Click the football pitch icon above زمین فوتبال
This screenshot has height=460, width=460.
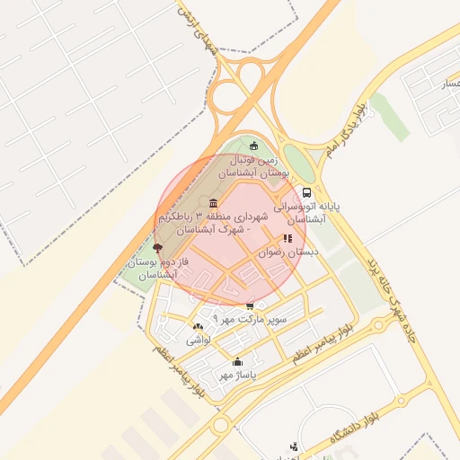click(x=253, y=146)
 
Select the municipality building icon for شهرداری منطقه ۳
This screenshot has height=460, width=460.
click(x=213, y=203)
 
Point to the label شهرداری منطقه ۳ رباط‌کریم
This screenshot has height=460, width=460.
click(x=212, y=223)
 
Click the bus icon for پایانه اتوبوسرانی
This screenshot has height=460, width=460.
click(x=307, y=192)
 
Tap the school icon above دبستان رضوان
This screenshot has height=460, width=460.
click(x=287, y=239)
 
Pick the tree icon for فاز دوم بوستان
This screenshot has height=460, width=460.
click(x=158, y=246)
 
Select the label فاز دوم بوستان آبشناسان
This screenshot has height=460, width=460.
click(x=152, y=267)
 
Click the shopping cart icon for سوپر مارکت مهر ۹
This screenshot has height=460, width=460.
click(x=250, y=306)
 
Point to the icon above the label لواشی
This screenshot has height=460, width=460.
click(x=198, y=326)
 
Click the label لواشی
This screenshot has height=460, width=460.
click(x=199, y=341)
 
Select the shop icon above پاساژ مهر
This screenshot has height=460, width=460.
click(x=238, y=362)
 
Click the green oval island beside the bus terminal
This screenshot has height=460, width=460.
click(x=298, y=164)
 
